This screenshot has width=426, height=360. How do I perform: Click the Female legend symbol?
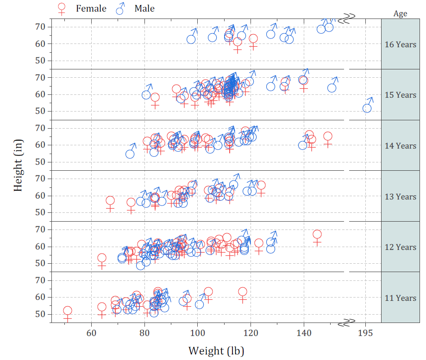[61, 8]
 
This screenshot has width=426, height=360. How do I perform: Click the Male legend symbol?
[121, 8]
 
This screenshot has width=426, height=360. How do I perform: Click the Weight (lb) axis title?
[216, 350]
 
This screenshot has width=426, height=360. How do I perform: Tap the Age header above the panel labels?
[400, 13]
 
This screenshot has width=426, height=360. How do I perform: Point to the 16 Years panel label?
[400, 44]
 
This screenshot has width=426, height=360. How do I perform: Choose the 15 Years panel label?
[400, 95]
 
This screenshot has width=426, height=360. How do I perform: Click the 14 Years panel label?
[400, 146]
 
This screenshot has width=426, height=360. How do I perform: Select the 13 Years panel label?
[400, 197]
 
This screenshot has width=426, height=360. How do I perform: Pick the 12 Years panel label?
[400, 247]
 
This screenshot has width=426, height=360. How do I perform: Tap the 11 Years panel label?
[400, 298]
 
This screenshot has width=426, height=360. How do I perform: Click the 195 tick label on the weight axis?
[365, 333]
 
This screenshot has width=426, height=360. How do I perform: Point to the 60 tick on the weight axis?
[92, 333]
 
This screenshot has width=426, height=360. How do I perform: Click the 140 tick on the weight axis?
[304, 333]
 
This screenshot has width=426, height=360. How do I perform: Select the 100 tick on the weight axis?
[198, 333]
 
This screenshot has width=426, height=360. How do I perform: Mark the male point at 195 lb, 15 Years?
[367, 108]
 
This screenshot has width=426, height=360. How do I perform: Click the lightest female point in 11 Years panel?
[68, 311]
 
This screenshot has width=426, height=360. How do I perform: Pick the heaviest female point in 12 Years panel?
[317, 235]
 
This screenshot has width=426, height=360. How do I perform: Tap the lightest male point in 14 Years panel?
[130, 154]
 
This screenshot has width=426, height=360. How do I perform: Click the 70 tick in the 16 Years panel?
[40, 27]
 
